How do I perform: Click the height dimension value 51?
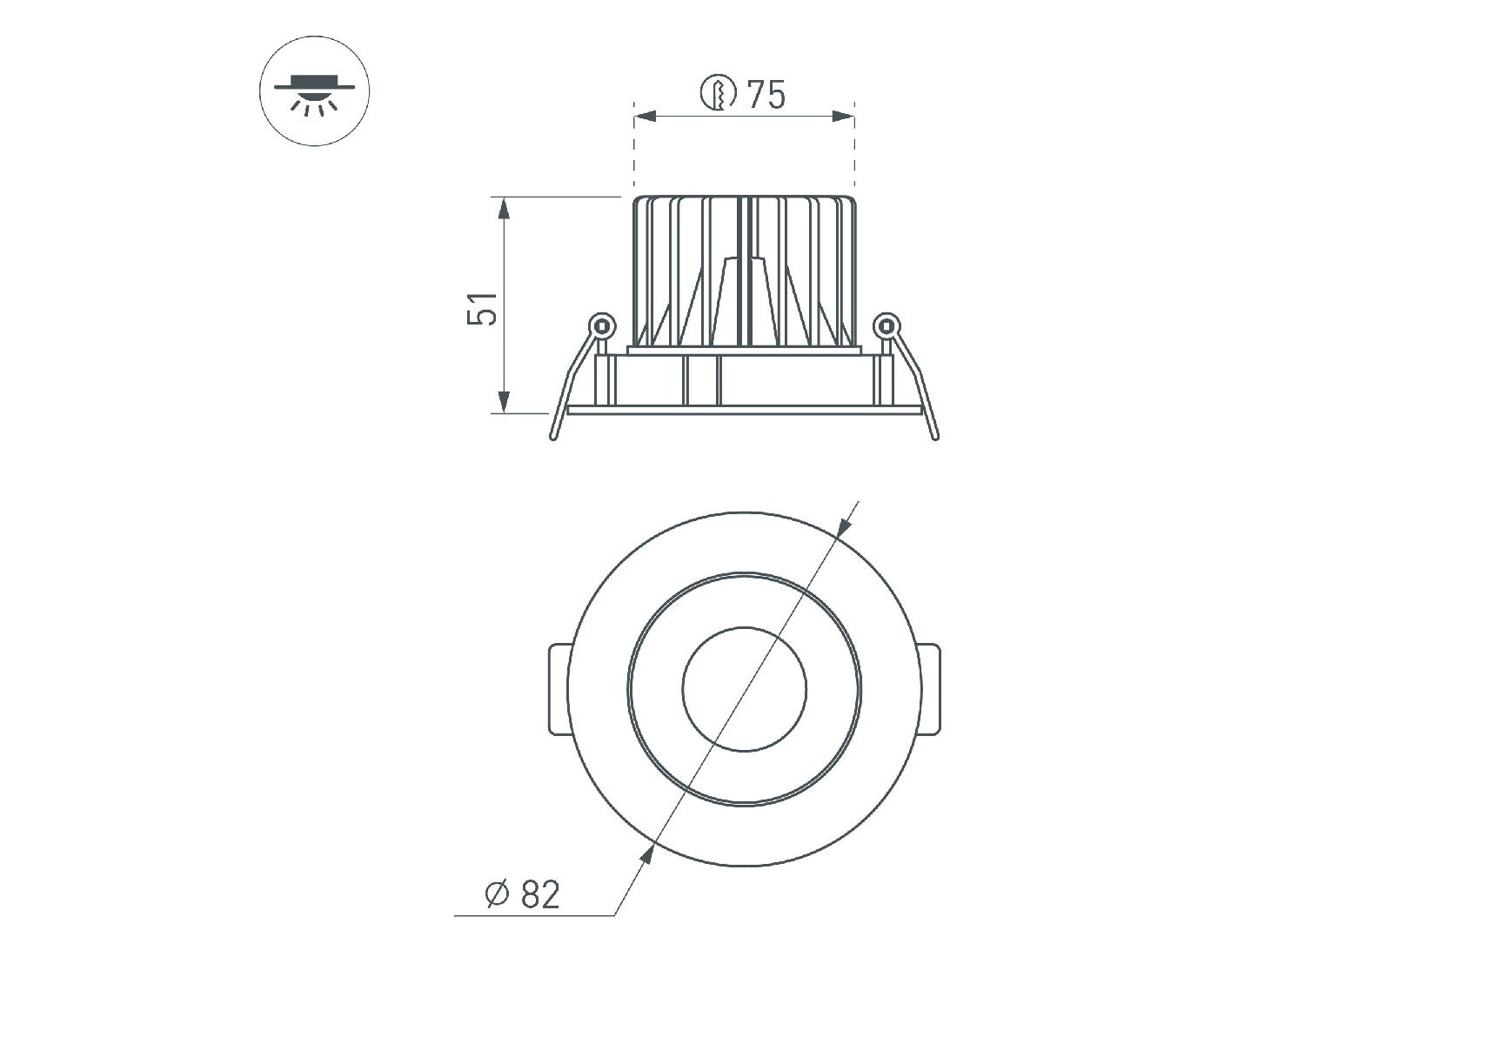click(x=484, y=307)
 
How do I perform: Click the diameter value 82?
click(x=540, y=894)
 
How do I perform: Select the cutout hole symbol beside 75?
click(x=719, y=93)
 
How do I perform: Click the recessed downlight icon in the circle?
click(x=315, y=93)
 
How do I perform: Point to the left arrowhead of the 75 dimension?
click(x=646, y=116)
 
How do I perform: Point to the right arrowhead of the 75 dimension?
click(x=843, y=116)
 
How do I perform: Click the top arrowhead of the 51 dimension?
click(x=503, y=210)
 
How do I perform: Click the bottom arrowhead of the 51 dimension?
click(x=503, y=401)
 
